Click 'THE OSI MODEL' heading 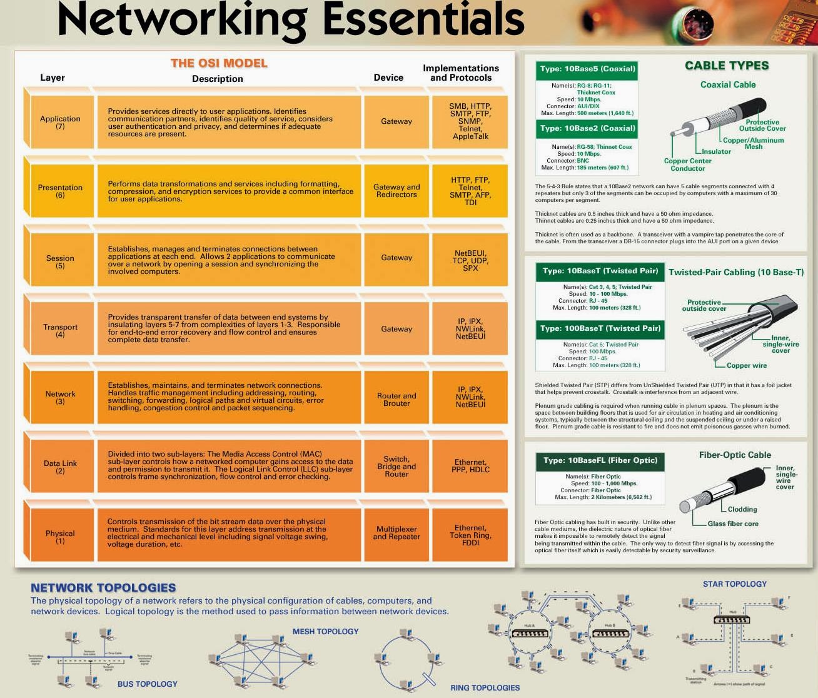click(219, 63)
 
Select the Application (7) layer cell click(60, 122)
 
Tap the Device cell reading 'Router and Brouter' click(396, 400)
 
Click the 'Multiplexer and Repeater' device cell click(396, 533)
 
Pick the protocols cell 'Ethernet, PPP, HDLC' click(470, 466)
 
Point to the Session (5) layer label click(60, 261)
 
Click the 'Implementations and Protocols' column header click(461, 73)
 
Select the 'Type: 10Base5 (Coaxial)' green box click(587, 69)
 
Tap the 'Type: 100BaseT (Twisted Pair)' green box click(600, 328)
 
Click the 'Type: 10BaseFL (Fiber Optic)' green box click(600, 460)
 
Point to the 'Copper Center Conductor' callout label click(687, 164)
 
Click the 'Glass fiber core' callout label click(733, 523)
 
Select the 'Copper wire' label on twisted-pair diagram click(746, 365)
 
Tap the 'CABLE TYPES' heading click(727, 66)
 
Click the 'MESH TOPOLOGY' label click(325, 632)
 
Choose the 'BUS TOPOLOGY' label click(148, 684)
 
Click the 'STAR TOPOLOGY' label click(734, 584)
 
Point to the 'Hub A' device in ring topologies click(530, 632)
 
